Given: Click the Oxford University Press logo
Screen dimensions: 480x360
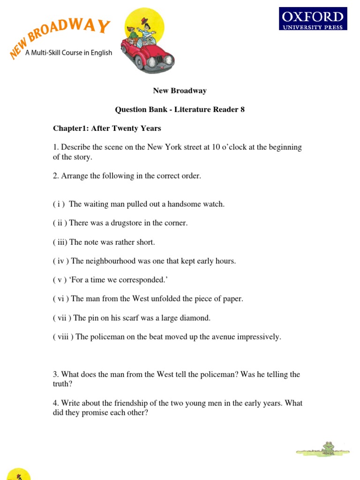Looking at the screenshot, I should pos(313,19).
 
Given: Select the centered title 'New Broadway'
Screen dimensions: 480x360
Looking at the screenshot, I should pos(180,90).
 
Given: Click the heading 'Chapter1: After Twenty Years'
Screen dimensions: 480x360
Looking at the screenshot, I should pos(107,128).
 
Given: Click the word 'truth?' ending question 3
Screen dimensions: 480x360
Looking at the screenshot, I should pos(63,384).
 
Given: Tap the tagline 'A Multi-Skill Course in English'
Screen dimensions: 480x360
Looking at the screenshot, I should pos(68,53).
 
